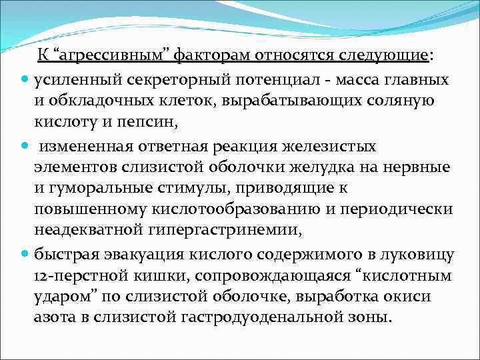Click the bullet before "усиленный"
pyautogui.click(x=25, y=80)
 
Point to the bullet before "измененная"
pyautogui.click(x=25, y=145)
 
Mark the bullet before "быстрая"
pyautogui.click(x=25, y=254)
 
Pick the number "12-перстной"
pyautogui.click(x=73, y=275)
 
